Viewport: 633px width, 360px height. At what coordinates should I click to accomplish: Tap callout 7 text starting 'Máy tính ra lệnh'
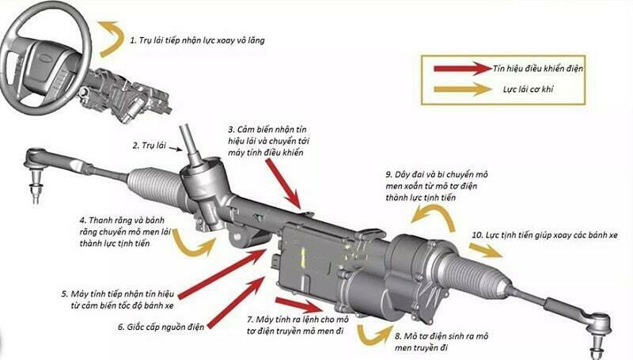point(298,324)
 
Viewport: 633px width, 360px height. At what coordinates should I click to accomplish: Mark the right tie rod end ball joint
point(597,324)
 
